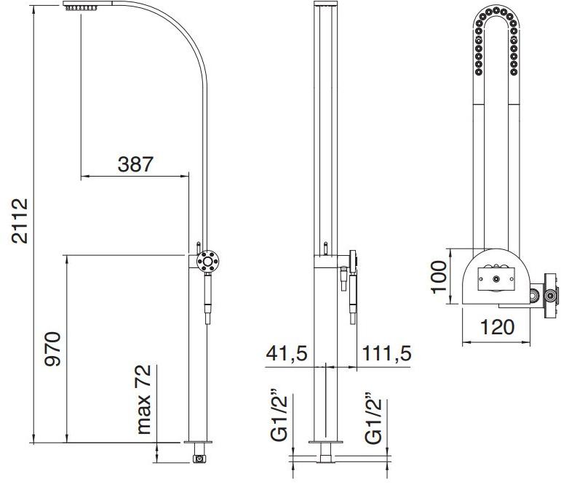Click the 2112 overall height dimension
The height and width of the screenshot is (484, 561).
click(20, 221)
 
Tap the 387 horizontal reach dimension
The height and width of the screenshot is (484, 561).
click(135, 164)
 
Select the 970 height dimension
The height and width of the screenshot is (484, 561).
click(52, 349)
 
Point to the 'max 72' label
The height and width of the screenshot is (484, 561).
click(143, 399)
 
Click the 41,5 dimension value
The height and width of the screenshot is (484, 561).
click(287, 353)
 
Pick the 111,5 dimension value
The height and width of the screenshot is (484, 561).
click(387, 353)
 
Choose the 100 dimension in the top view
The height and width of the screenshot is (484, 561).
click(439, 277)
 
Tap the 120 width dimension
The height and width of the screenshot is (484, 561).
click(497, 327)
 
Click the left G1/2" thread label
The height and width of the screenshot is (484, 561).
click(279, 417)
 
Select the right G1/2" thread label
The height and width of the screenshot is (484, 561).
click(373, 417)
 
